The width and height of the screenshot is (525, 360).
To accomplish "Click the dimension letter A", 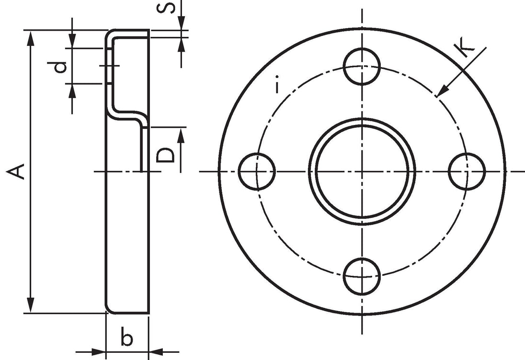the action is [x=16, y=171].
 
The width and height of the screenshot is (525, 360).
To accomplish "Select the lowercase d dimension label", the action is [x=60, y=67].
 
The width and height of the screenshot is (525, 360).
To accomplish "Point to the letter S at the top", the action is [x=166, y=7].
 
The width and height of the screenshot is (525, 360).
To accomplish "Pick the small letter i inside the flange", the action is [x=276, y=85].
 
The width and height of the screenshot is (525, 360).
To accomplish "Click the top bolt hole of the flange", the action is [x=362, y=66].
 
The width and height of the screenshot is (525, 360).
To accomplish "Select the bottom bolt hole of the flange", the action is [x=362, y=276].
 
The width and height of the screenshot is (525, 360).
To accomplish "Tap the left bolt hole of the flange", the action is [x=257, y=171].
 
